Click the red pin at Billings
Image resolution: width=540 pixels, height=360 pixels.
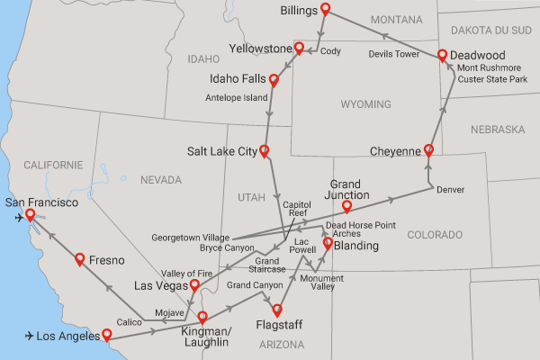(325, 12)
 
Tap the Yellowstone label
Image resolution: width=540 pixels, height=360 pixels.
(261, 48)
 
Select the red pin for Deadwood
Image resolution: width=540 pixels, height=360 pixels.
(443, 56)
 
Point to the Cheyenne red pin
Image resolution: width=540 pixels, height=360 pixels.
(428, 150)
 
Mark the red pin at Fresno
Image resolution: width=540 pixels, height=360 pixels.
(79, 259)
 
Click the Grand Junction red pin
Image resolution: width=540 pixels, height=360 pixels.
(346, 207)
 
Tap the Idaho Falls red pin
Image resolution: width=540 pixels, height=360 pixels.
(274, 81)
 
